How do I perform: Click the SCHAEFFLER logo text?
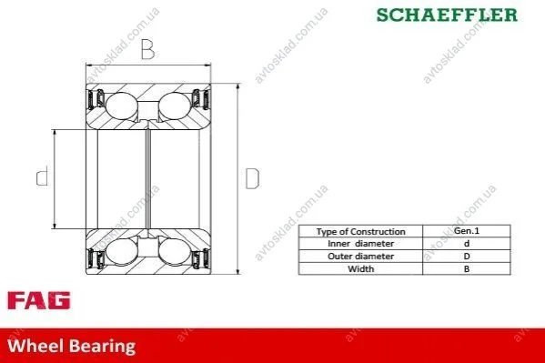point(447,15)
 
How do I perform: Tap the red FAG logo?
point(38,301)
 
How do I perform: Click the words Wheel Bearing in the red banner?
point(72,347)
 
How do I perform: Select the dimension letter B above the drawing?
point(147,49)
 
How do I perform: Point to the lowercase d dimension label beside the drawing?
point(43,176)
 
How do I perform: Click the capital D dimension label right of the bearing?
point(252,178)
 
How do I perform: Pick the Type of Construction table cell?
point(361,232)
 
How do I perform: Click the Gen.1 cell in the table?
point(467,230)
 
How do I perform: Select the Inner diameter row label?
point(361,244)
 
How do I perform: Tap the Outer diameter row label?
point(361,257)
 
